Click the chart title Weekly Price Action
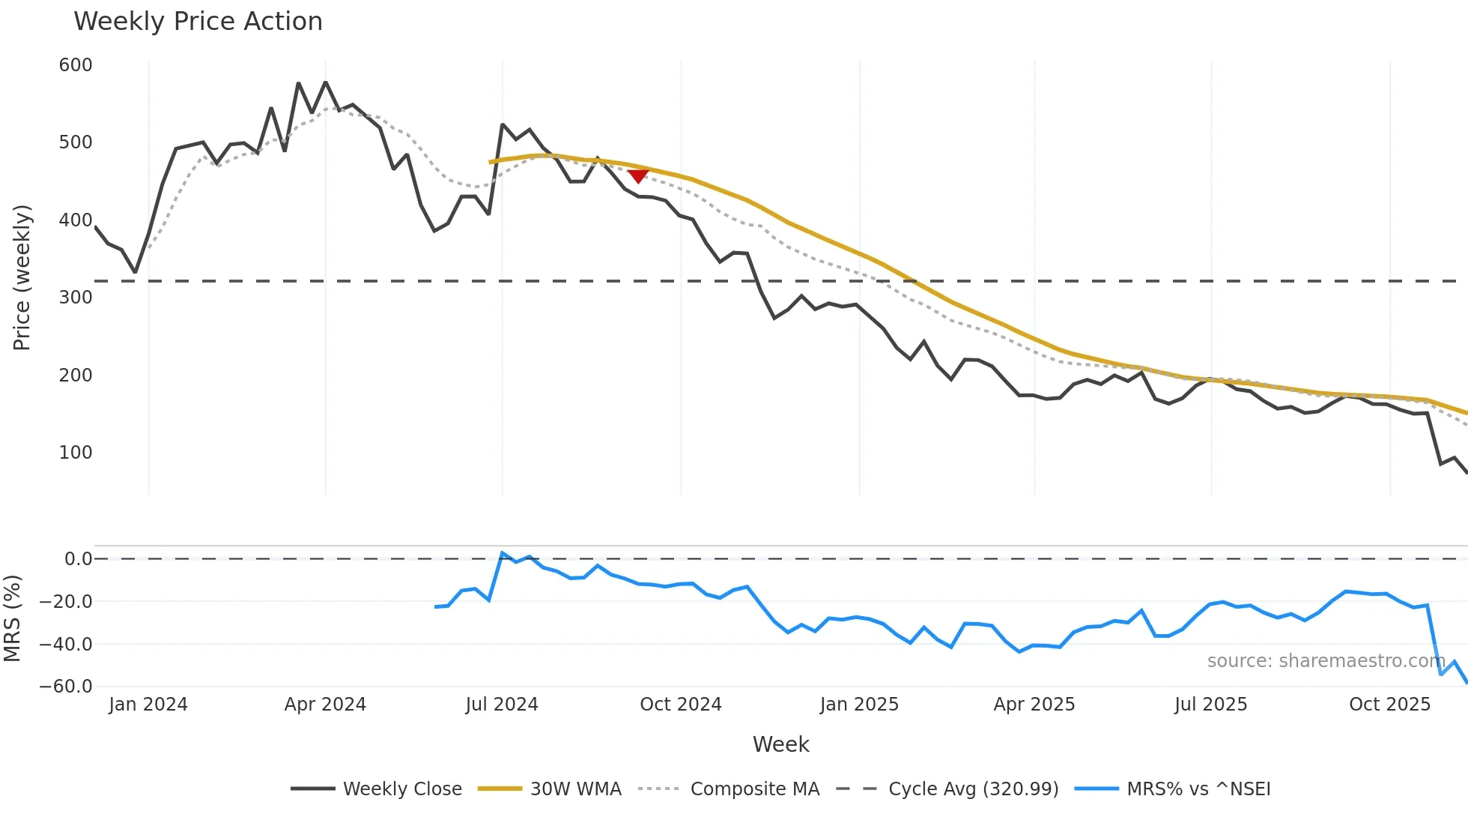198,22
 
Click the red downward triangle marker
638,176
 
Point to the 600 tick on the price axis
76,65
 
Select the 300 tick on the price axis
76,298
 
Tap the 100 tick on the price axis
76,453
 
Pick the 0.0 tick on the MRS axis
78,559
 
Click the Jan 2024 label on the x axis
148,705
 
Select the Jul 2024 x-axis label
502,705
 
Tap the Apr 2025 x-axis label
1034,705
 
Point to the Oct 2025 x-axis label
1389,705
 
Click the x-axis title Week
780,744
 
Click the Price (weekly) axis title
22,277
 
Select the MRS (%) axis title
12,618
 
